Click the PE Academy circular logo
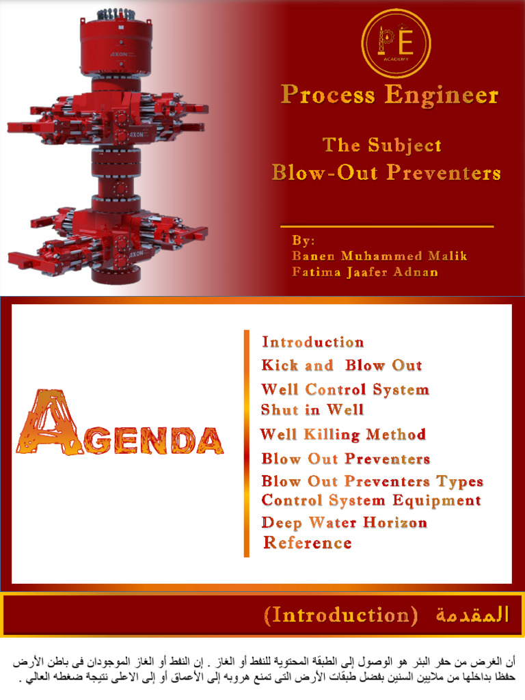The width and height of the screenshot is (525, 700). [396, 42]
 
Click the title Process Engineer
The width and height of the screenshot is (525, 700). [389, 96]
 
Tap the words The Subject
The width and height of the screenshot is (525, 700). [381, 145]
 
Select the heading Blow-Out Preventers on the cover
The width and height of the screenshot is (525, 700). [386, 172]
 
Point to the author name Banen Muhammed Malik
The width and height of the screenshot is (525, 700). [379, 256]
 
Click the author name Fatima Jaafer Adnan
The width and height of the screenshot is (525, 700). [365, 272]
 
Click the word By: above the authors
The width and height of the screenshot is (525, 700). [304, 241]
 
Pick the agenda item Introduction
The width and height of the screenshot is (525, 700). [312, 342]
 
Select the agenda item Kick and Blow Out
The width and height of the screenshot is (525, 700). [341, 366]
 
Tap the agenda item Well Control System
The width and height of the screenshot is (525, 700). [345, 390]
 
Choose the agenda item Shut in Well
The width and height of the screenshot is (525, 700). [312, 410]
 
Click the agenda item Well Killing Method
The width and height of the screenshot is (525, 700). [342, 435]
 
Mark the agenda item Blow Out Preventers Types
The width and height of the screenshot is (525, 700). [372, 481]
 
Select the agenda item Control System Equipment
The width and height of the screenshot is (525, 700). [371, 500]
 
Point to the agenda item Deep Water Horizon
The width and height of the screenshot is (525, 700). [344, 523]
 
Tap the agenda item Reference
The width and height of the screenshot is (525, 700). [308, 543]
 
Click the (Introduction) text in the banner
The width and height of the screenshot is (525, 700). [340, 615]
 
